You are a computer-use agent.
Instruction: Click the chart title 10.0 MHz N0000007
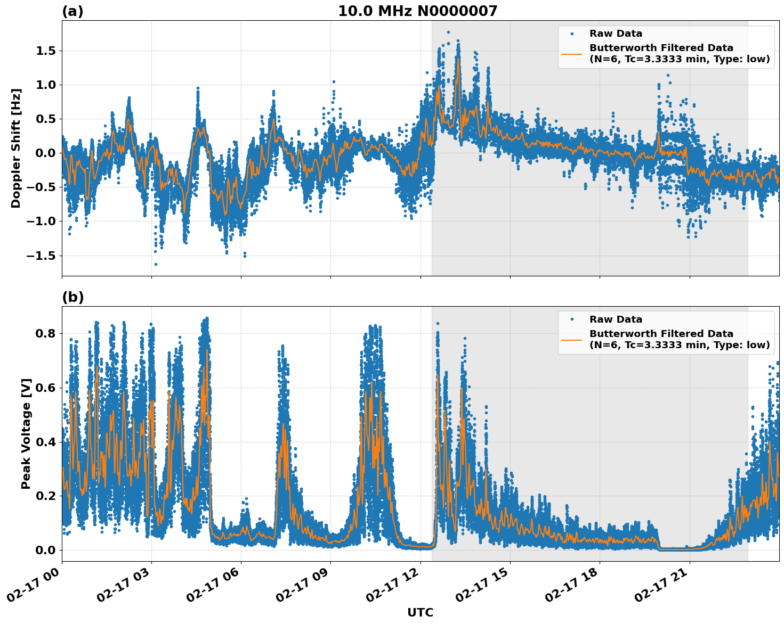click(x=417, y=11)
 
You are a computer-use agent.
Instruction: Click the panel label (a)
click(x=72, y=11)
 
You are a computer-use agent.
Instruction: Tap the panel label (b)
click(x=72, y=297)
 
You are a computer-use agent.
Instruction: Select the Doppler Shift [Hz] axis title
click(x=16, y=148)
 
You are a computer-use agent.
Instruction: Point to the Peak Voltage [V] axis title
click(x=26, y=433)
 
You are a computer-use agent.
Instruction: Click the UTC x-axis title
click(x=420, y=612)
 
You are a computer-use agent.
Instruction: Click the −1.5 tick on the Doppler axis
click(x=41, y=256)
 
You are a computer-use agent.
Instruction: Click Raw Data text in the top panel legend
click(x=616, y=34)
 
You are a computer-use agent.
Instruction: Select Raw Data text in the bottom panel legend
click(x=616, y=319)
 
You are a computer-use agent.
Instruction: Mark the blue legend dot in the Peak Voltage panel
click(x=572, y=319)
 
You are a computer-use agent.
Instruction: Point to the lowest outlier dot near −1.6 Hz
click(x=156, y=264)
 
